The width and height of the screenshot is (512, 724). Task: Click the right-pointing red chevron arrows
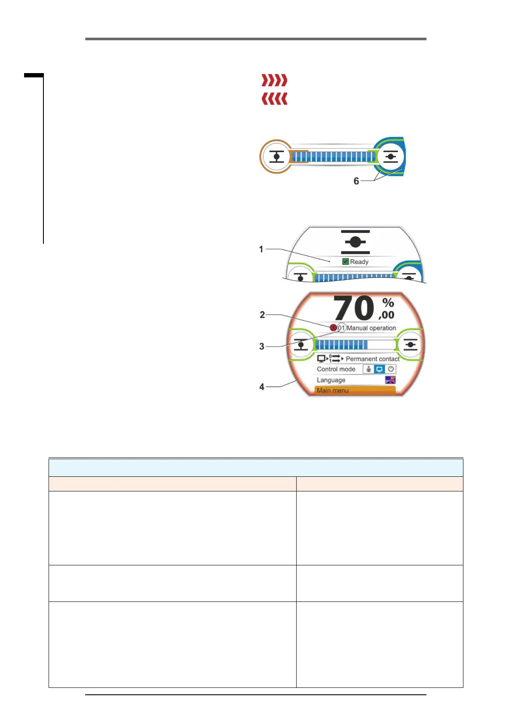[x=274, y=80]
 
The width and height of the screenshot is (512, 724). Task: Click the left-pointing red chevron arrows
[x=274, y=99]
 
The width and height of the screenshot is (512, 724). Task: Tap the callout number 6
[x=356, y=181]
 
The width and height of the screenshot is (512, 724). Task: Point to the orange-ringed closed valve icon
[x=276, y=156]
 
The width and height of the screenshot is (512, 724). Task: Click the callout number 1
[x=261, y=249]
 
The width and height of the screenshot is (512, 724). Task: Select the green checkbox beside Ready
[x=345, y=261]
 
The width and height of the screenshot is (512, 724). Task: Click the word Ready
[x=359, y=262]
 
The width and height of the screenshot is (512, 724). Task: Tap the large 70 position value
[x=354, y=308]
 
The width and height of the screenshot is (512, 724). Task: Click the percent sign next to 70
[x=388, y=303]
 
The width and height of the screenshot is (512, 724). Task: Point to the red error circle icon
[x=333, y=328]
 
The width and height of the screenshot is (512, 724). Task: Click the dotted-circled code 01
[x=341, y=328]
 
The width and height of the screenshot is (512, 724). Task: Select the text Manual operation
[x=371, y=328]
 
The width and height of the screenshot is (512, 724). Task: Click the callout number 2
[x=262, y=315]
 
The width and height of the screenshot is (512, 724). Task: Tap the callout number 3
[x=262, y=346]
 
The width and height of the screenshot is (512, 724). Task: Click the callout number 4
[x=262, y=387]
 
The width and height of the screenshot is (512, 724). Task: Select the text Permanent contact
[x=372, y=359]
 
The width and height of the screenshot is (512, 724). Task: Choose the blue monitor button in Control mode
[x=380, y=369]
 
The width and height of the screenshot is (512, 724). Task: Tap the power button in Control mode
[x=391, y=369]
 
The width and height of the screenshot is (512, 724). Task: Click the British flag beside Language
[x=390, y=380]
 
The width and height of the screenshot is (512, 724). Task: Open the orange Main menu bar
[x=355, y=390]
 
